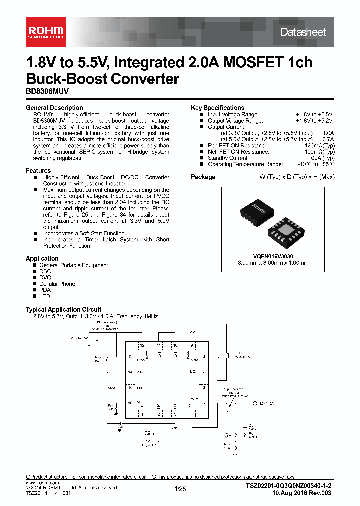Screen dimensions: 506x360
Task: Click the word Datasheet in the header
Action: click(x=303, y=32)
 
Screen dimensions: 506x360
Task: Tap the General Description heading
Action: click(x=54, y=108)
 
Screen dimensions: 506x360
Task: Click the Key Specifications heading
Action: click(x=218, y=108)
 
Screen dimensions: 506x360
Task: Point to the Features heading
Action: click(x=38, y=171)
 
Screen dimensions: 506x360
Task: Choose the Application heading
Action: click(x=42, y=258)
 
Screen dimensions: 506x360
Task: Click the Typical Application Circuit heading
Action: click(x=63, y=310)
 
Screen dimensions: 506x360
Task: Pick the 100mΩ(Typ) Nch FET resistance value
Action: click(x=317, y=152)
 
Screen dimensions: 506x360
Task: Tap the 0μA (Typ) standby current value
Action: click(x=322, y=158)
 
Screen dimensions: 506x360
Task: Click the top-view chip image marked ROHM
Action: click(x=258, y=212)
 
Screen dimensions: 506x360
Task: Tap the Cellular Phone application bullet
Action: click(x=57, y=284)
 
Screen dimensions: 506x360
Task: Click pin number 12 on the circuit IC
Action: click(x=142, y=345)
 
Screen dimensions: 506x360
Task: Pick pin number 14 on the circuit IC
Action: click(x=130, y=372)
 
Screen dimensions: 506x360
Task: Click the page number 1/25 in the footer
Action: click(x=180, y=489)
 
